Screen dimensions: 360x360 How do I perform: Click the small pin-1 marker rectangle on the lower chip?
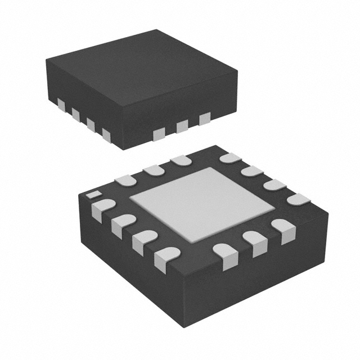[92, 195]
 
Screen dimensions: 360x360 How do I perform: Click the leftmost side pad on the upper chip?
[61, 105]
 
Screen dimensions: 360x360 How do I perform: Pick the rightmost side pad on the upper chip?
[204, 118]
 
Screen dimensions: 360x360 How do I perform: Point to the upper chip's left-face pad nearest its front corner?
[106, 134]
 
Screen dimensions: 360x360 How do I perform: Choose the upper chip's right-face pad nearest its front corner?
[159, 134]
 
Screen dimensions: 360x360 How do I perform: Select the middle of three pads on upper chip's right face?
[182, 126]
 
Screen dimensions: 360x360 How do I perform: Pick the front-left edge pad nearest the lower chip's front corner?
[166, 257]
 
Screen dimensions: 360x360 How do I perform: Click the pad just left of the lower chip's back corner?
[181, 160]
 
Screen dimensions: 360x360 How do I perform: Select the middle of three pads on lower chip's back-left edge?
[153, 169]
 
